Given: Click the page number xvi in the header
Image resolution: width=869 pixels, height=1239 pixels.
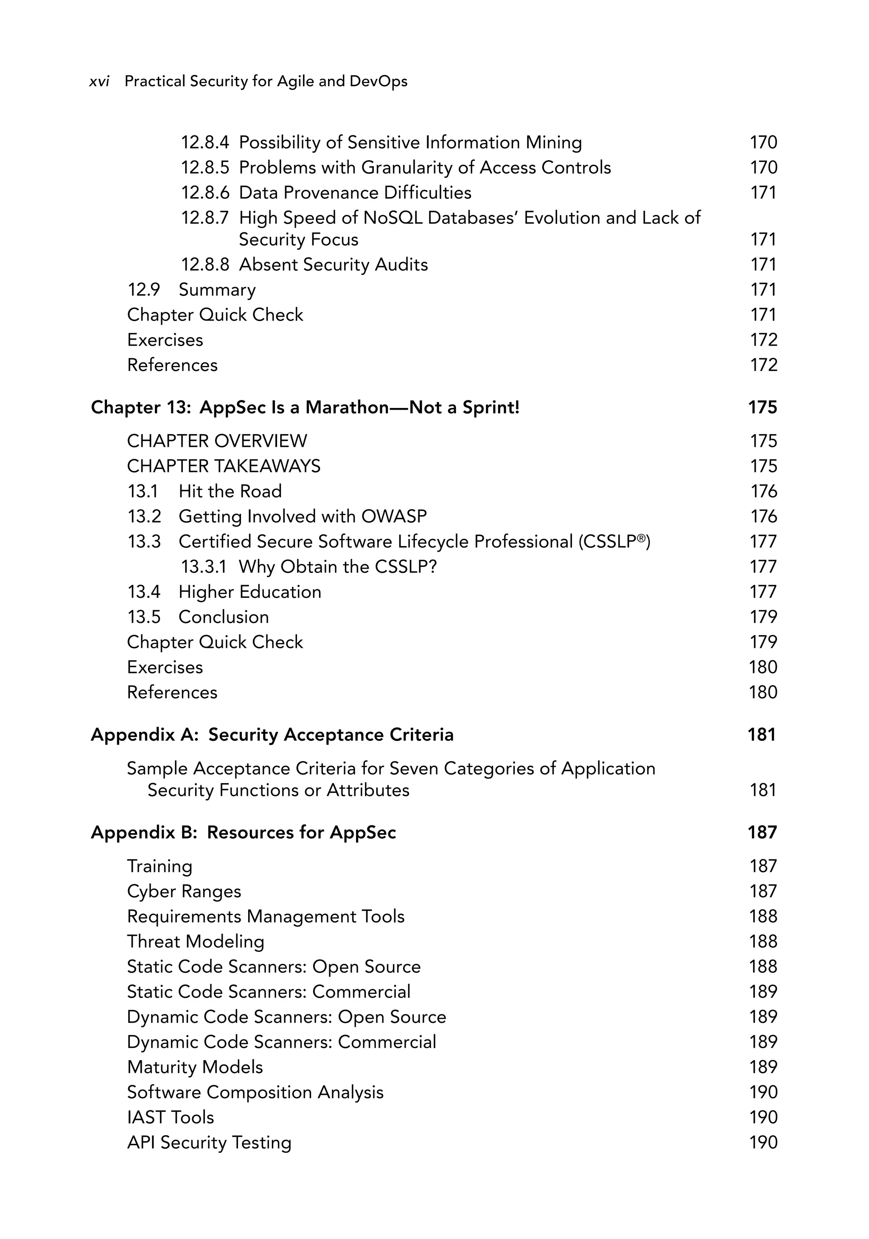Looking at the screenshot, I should pyautogui.click(x=99, y=81).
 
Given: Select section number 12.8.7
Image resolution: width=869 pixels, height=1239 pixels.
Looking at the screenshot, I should pyautogui.click(x=205, y=218).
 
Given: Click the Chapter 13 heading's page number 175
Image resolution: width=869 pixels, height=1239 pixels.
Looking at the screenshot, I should pyautogui.click(x=762, y=407).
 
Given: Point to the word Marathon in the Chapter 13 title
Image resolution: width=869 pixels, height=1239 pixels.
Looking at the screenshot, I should pyautogui.click(x=346, y=407).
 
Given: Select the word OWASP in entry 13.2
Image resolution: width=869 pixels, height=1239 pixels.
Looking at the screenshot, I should pyautogui.click(x=394, y=516).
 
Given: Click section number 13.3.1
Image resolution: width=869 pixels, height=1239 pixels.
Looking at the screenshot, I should pyautogui.click(x=204, y=566).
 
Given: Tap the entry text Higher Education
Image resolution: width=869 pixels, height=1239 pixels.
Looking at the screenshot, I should pyautogui.click(x=249, y=592).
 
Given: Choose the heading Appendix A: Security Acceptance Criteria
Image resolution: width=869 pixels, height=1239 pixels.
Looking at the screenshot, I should pyautogui.click(x=272, y=735).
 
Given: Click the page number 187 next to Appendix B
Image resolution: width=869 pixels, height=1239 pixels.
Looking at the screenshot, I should pyautogui.click(x=762, y=832).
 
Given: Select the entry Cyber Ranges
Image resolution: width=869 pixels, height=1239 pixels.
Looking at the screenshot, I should pyautogui.click(x=184, y=891).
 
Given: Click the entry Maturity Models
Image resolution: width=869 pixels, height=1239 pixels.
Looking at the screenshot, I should pyautogui.click(x=195, y=1067).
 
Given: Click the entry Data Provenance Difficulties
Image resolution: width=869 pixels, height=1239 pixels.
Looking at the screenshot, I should pyautogui.click(x=355, y=193).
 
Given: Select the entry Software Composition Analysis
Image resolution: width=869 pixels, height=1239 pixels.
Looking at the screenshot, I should pyautogui.click(x=255, y=1092).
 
